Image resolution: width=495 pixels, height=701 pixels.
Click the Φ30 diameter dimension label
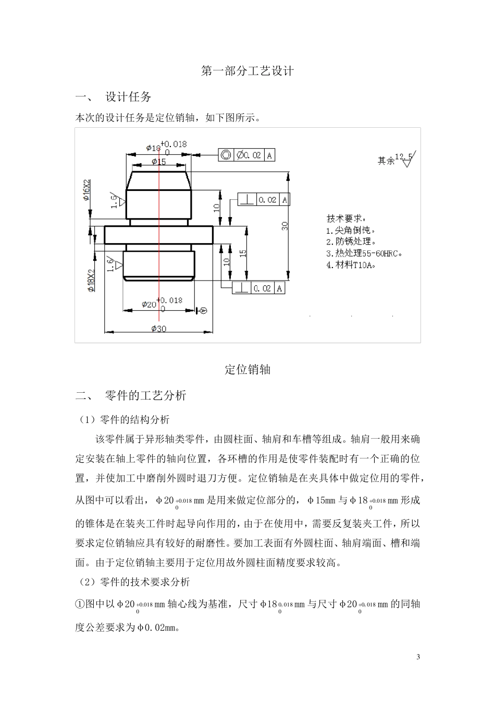158,329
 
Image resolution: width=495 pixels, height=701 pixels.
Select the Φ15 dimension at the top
158,162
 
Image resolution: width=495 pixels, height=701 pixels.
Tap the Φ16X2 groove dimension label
87,191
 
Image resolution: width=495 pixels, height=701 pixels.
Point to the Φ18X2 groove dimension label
91,280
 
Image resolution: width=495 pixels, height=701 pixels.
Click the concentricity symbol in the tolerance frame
226,155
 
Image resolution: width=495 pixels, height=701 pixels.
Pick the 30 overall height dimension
284,225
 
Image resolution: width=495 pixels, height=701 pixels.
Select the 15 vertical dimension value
243,253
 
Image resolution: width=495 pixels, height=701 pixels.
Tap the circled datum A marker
204,311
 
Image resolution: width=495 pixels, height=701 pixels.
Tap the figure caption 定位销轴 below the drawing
247,370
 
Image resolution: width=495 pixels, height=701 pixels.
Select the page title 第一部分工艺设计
247,71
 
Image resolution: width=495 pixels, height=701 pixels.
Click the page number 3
418,656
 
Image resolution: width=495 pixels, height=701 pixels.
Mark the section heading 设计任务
128,97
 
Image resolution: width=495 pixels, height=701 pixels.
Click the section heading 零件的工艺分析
145,395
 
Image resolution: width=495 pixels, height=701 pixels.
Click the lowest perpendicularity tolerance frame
259,288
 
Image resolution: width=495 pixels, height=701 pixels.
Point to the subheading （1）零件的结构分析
122,419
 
